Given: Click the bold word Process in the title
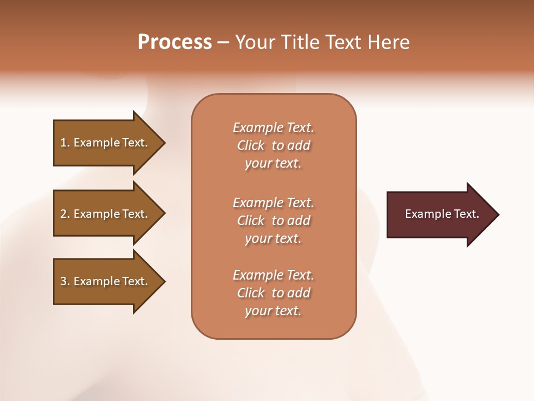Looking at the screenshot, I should pyautogui.click(x=175, y=42).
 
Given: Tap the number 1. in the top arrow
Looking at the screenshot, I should pyautogui.click(x=65, y=143).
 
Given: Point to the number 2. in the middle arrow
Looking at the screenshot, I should pyautogui.click(x=65, y=214).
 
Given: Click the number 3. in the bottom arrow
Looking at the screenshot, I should pyautogui.click(x=65, y=281).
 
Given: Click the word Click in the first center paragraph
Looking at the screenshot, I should pyautogui.click(x=251, y=145).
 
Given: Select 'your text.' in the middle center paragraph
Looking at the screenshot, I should pyautogui.click(x=273, y=238).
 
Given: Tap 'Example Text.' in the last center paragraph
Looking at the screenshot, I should pyautogui.click(x=273, y=275).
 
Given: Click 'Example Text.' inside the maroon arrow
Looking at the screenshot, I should pyautogui.click(x=442, y=214).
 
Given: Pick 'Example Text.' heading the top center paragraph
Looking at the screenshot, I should pyautogui.click(x=273, y=128).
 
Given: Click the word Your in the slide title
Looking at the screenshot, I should pyautogui.click(x=253, y=42).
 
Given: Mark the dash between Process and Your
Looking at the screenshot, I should pyautogui.click(x=224, y=43).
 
